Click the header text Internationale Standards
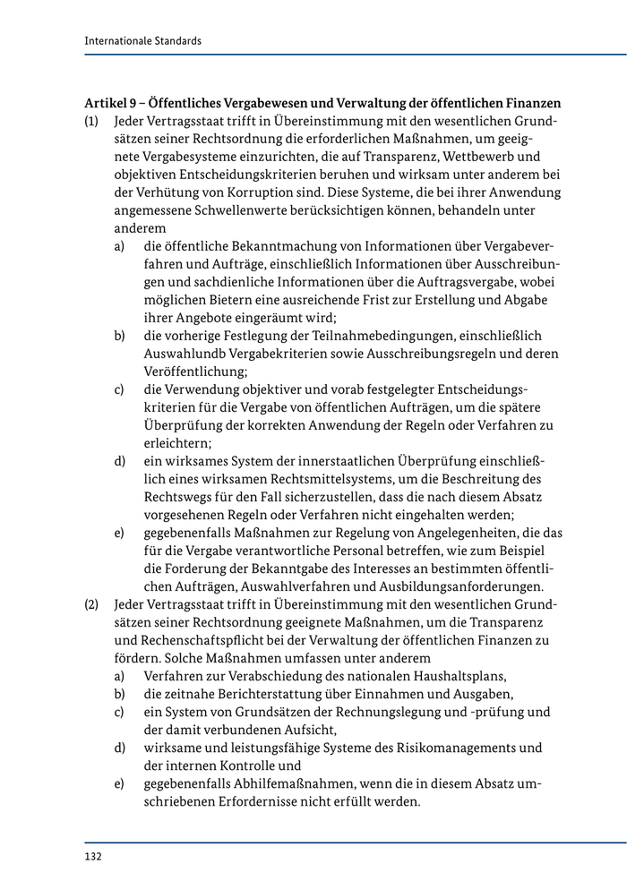(x=142, y=40)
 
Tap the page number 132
(x=93, y=856)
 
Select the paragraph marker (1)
(x=92, y=122)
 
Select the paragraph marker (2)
(x=92, y=604)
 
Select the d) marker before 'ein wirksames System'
(x=119, y=461)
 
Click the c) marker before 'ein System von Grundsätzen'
(x=119, y=712)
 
